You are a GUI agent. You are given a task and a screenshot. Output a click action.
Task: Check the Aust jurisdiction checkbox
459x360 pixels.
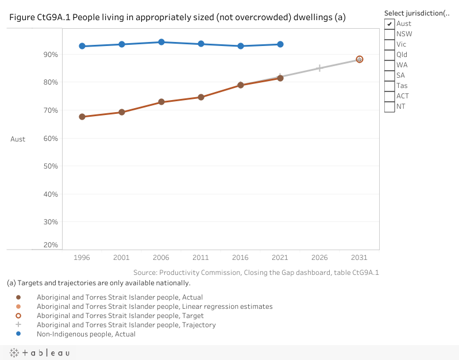click(389, 24)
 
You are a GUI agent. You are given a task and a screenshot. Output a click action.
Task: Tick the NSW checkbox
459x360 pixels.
click(389, 34)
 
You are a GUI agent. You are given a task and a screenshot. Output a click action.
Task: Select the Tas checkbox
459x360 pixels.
click(389, 86)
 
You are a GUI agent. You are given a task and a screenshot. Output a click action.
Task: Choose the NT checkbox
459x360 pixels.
click(389, 106)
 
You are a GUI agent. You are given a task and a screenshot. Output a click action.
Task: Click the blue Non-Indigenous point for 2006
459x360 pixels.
click(161, 42)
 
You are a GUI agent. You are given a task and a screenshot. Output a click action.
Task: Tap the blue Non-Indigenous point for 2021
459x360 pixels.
click(280, 44)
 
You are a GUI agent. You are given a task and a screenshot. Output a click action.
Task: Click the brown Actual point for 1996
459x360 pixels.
click(82, 117)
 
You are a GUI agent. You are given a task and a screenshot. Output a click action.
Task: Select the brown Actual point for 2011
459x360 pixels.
click(201, 97)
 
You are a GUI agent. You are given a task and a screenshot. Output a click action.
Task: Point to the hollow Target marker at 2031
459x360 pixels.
click(359, 59)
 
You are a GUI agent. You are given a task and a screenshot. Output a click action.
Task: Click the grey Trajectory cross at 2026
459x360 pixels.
click(319, 68)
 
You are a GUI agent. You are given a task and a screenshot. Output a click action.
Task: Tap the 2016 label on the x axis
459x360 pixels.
click(241, 257)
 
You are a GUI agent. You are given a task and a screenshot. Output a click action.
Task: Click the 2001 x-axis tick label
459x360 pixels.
click(122, 257)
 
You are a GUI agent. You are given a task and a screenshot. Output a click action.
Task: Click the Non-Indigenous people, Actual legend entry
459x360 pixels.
click(86, 334)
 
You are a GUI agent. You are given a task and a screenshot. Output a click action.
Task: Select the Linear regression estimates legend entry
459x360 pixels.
click(155, 307)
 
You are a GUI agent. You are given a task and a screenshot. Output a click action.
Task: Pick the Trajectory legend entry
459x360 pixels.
click(126, 325)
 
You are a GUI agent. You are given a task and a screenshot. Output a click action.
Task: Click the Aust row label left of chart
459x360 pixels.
click(18, 139)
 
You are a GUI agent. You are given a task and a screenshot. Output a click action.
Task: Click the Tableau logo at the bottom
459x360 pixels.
click(40, 353)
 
